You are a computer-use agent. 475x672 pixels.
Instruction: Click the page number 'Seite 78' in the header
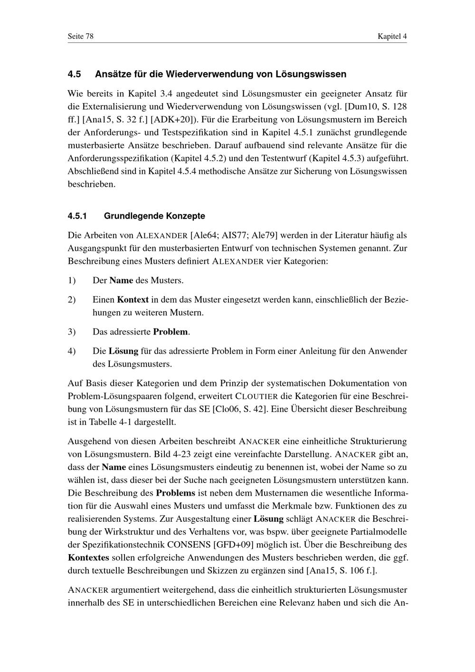click(x=81, y=37)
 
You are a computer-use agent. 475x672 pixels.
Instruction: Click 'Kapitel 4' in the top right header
click(x=392, y=37)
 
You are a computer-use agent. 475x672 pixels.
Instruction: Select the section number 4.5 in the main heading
click(x=75, y=74)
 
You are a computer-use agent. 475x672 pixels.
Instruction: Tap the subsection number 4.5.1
click(x=78, y=216)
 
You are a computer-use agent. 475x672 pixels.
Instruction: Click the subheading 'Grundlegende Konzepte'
click(x=154, y=216)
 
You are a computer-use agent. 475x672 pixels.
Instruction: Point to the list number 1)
click(x=72, y=280)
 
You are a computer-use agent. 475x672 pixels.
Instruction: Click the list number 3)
click(x=72, y=331)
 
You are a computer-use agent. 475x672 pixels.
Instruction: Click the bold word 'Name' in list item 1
click(x=121, y=280)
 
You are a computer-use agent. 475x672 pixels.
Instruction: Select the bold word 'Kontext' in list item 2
click(x=133, y=300)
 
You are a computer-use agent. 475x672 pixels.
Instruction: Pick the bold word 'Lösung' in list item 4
click(x=123, y=351)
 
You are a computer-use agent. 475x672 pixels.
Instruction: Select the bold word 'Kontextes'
click(x=88, y=557)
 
